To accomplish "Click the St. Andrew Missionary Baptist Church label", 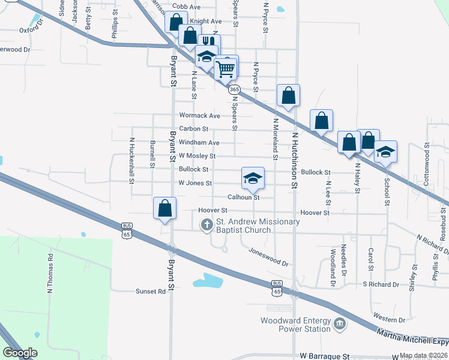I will (258, 226).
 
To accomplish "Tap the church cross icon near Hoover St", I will (206, 225).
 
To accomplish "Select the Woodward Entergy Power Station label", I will (295, 325).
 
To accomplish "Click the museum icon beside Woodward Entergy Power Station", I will (340, 325).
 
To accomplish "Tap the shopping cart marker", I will (226, 68).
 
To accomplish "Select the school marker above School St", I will (386, 152).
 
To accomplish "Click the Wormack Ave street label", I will (200, 115).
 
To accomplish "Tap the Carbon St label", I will (193, 128).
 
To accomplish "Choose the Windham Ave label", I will (199, 143).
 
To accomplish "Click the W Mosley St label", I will (197, 156).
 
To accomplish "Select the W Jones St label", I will (195, 183).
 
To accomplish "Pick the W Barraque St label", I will (324, 356).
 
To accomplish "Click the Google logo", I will (20, 353).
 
